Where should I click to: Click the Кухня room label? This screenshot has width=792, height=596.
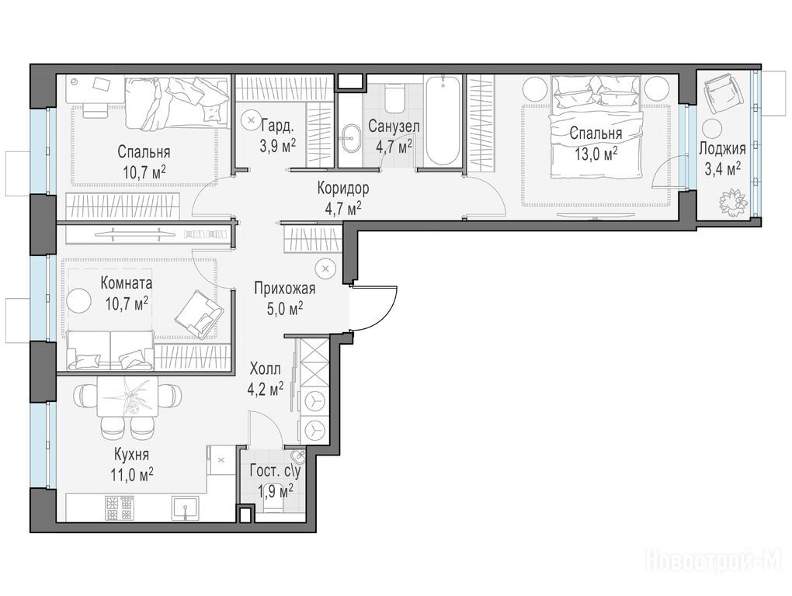pos(131,455)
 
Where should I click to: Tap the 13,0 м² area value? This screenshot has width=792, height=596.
pos(596,153)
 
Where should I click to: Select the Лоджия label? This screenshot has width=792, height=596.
pos(722,148)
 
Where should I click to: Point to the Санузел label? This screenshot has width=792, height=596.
pos(394,126)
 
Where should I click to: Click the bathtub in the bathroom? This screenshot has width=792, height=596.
pos(443,120)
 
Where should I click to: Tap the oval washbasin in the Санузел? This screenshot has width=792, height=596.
pos(349,139)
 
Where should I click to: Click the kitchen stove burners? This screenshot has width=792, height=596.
pos(120,508)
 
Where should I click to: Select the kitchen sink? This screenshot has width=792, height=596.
pos(186,508)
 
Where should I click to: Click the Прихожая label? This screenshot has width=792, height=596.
pos(284,289)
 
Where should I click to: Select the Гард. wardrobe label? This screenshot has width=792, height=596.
pos(277,125)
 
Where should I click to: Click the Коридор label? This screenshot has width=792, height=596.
pos(343,189)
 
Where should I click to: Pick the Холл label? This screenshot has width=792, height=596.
pos(266,369)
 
